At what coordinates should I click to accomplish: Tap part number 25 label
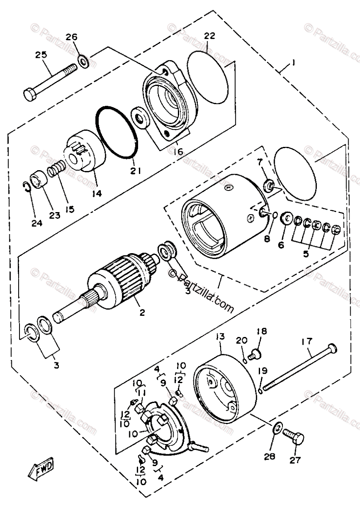click(41, 55)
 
